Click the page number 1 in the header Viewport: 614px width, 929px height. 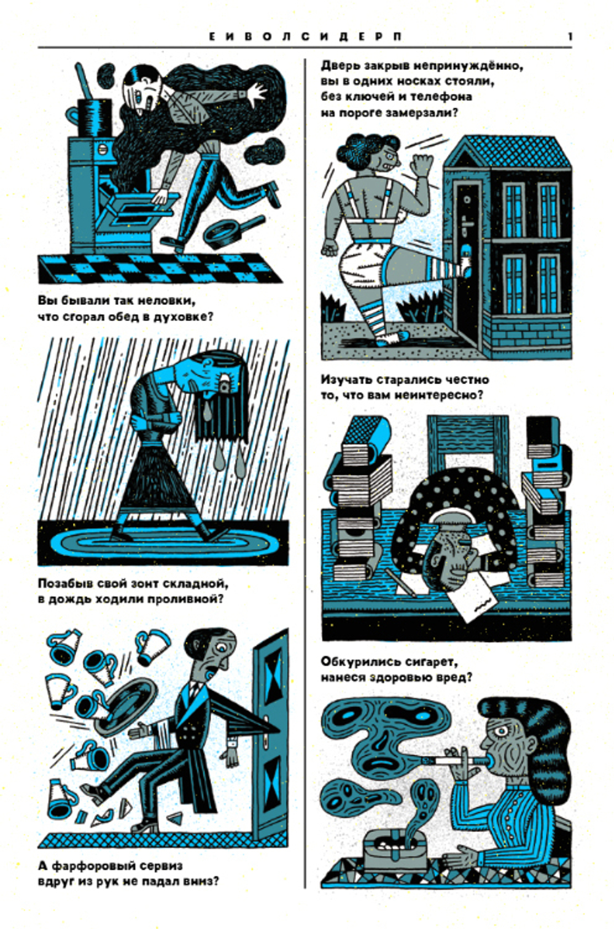tap(570, 36)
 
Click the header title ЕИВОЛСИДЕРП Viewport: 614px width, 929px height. tap(305, 36)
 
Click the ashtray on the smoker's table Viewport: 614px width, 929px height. tap(395, 849)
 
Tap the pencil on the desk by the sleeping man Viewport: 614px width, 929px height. tap(402, 582)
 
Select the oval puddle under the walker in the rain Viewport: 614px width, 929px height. tap(163, 542)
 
